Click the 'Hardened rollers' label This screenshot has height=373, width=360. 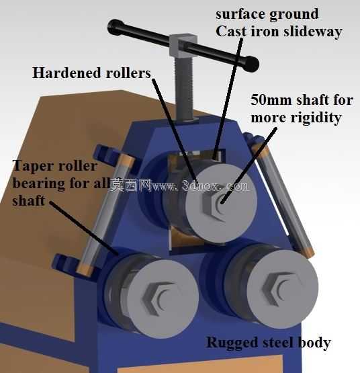point(91,73)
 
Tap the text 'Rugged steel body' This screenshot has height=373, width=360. point(269,343)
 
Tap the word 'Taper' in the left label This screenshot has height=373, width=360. point(32,166)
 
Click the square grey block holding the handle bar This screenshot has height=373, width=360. point(183,45)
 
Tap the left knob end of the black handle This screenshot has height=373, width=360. point(116,27)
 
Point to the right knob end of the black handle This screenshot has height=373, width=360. point(251,64)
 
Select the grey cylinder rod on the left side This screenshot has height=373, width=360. point(106,214)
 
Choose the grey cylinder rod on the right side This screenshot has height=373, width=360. point(282,198)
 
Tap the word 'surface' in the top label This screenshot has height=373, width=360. point(240,14)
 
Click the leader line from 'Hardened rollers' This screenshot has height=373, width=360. point(175,130)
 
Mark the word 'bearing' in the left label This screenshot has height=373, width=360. point(38,184)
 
